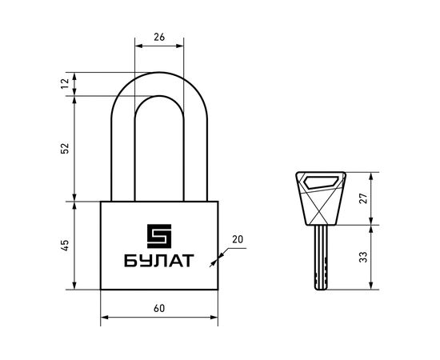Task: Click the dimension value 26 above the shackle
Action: [x=159, y=36]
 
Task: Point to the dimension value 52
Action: [x=66, y=149]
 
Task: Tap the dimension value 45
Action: [x=66, y=246]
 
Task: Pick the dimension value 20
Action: [x=238, y=239]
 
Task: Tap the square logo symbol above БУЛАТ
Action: [x=158, y=235]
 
